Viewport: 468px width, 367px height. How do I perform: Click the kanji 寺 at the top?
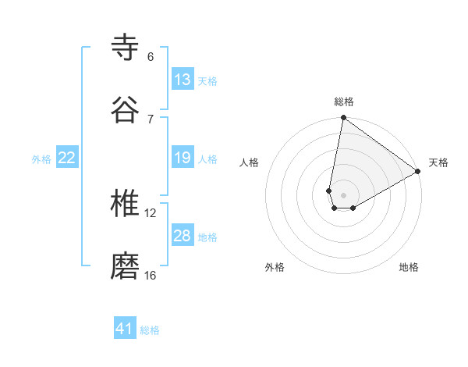pyautogui.click(x=126, y=47)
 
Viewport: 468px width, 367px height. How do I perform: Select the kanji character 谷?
pyautogui.click(x=126, y=109)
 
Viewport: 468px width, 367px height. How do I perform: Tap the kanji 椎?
pyautogui.click(x=126, y=204)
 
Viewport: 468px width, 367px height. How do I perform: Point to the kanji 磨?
pyautogui.click(x=126, y=266)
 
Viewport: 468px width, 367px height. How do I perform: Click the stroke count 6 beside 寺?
pyautogui.click(x=151, y=56)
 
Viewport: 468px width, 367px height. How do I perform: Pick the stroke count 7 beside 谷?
pyautogui.click(x=151, y=119)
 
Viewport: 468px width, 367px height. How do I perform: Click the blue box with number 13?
pyautogui.click(x=183, y=80)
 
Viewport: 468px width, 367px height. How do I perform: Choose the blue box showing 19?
pyautogui.click(x=183, y=158)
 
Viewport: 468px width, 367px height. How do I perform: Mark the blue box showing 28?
pyautogui.click(x=183, y=236)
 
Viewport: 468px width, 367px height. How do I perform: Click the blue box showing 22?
pyautogui.click(x=67, y=158)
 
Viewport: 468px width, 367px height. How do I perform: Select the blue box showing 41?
pyautogui.click(x=125, y=329)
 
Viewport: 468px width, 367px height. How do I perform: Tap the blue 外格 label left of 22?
pyautogui.click(x=41, y=159)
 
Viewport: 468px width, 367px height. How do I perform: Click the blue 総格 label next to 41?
pyautogui.click(x=150, y=330)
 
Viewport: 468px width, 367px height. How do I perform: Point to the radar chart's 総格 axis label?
pyautogui.click(x=344, y=102)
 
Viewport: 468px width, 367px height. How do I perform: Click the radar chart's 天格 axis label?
pyautogui.click(x=438, y=162)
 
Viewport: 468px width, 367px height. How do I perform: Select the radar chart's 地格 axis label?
pyautogui.click(x=409, y=267)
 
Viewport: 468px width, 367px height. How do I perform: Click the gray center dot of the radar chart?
pyautogui.click(x=343, y=195)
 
